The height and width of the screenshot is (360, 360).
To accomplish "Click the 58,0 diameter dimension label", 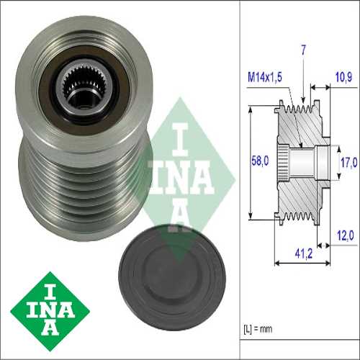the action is tap(260, 161).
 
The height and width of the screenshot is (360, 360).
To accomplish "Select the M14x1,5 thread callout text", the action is tap(265, 77).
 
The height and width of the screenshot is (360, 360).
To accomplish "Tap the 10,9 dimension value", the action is tap(343, 77).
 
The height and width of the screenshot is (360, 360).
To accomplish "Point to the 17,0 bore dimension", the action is tap(349, 163).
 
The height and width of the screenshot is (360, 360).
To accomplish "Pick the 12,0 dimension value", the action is tap(346, 235).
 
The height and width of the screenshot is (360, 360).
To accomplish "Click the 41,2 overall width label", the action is tap(304, 253).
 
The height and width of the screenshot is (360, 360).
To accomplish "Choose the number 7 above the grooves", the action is tap(304, 50).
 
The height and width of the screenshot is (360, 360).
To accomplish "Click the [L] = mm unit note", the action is tap(258, 329).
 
